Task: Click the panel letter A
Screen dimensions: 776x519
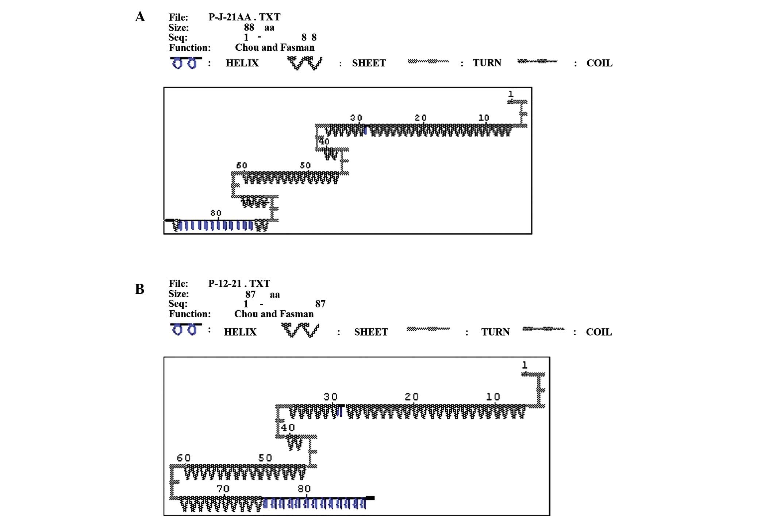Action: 140,17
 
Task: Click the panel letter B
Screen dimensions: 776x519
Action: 139,289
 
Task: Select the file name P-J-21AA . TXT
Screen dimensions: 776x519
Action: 244,17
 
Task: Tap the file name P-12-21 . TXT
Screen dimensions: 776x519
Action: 239,283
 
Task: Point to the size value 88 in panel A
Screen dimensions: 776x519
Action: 249,27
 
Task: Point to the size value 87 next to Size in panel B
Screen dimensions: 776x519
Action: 250,294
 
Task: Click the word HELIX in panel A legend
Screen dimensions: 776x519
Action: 242,63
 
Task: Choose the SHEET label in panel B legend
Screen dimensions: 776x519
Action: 371,332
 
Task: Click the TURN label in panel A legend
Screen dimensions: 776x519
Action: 487,63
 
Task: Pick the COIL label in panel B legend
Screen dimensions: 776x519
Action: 599,332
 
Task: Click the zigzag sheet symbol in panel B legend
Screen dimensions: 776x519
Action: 300,330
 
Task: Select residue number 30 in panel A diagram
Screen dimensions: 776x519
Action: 356,118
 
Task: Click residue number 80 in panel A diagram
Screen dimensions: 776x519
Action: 216,213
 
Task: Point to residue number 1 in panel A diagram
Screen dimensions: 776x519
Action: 511,94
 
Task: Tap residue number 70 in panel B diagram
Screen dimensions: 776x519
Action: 223,489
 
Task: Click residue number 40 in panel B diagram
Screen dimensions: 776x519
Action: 288,427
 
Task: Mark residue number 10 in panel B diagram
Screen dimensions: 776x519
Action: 493,397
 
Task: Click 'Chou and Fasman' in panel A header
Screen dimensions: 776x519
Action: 274,47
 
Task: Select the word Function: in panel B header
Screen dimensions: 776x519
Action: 189,314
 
